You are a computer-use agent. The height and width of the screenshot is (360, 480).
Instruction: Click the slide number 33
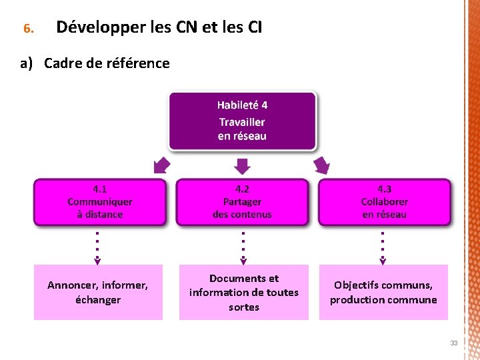[x=453, y=343]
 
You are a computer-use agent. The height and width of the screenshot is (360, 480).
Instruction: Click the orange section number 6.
[x=27, y=29]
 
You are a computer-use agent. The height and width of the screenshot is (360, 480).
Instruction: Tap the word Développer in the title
[x=89, y=28]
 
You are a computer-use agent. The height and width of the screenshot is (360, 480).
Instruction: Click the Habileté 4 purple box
[x=242, y=121]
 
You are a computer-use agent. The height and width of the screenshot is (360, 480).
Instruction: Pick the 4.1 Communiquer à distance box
[x=100, y=202]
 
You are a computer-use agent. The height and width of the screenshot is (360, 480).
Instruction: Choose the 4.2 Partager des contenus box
[x=242, y=202]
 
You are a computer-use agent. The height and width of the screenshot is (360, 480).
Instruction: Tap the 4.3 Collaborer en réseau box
[x=384, y=202]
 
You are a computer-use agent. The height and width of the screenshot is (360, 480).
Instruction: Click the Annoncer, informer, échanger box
[x=98, y=292]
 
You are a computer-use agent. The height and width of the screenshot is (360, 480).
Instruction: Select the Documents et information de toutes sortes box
[x=243, y=292]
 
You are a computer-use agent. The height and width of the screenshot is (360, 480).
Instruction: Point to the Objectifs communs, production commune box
[x=383, y=292]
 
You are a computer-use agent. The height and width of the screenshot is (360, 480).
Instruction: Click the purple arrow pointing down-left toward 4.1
[x=161, y=165]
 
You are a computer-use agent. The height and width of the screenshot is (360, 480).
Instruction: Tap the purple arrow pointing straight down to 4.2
[x=243, y=165]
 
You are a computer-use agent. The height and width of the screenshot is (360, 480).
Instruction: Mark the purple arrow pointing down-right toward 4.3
[x=322, y=165]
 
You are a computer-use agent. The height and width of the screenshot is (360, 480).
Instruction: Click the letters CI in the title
[x=254, y=28]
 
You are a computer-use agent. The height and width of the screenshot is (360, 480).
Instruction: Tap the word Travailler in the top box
[x=242, y=122]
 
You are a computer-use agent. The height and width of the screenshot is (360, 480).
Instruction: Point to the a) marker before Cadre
[x=27, y=63]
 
